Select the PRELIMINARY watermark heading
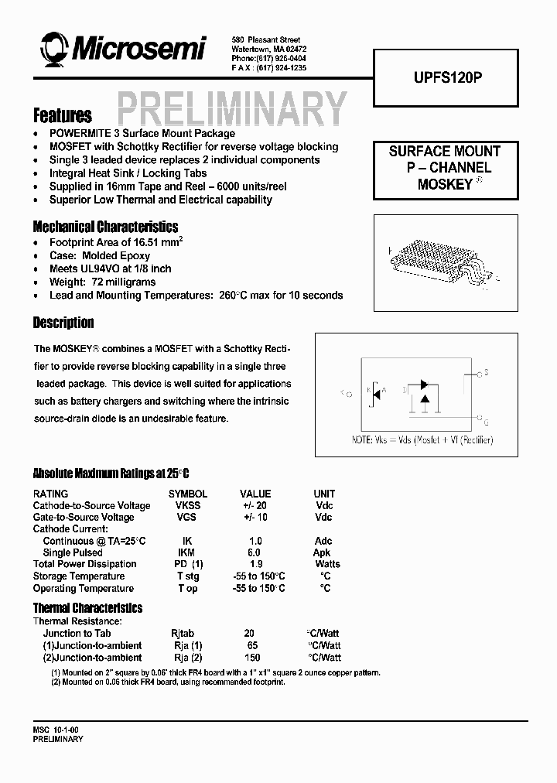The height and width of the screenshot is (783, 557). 231,109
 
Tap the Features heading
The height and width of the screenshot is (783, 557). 62,116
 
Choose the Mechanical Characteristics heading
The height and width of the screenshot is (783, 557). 105,227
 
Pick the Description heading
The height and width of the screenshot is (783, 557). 63,323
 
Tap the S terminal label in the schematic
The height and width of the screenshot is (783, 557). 485,373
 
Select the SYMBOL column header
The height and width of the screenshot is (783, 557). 187,494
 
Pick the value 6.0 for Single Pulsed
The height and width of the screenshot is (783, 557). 255,552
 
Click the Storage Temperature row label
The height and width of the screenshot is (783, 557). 78,576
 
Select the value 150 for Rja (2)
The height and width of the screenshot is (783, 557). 251,658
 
